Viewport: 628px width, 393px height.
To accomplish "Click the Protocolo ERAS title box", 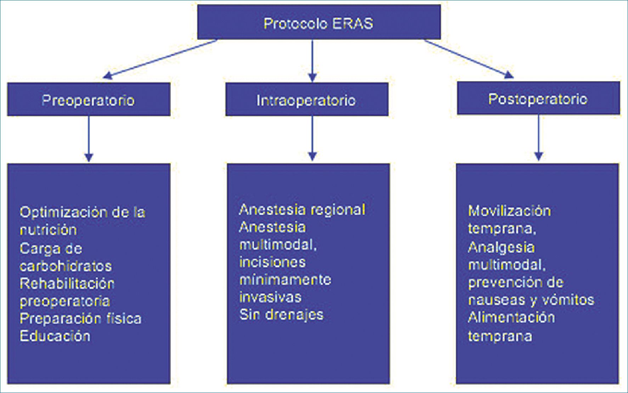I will point(319,22).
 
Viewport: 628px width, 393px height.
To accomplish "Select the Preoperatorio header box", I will point(89,100).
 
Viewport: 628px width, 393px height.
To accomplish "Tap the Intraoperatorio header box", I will point(307,100).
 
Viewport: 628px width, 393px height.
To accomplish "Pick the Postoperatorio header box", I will point(538,98).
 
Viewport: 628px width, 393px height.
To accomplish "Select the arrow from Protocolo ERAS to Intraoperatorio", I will point(312,60).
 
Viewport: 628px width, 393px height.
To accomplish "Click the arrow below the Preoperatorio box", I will point(89,138).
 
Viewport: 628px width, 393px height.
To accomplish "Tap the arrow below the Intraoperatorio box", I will point(312,138).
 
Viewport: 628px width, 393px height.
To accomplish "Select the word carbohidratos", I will point(66,266).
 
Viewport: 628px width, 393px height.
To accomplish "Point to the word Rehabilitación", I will point(67,283).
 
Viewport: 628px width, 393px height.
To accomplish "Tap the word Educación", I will point(55,336).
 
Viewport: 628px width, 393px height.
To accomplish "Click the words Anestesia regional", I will point(302,209).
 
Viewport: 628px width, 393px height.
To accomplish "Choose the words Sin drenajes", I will point(282,314).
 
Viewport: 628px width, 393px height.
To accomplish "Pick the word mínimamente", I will point(285,280).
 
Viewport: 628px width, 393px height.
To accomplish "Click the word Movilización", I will point(509,211).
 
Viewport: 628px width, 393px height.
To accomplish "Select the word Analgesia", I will point(501,247).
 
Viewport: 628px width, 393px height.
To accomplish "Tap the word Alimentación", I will point(511,317).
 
